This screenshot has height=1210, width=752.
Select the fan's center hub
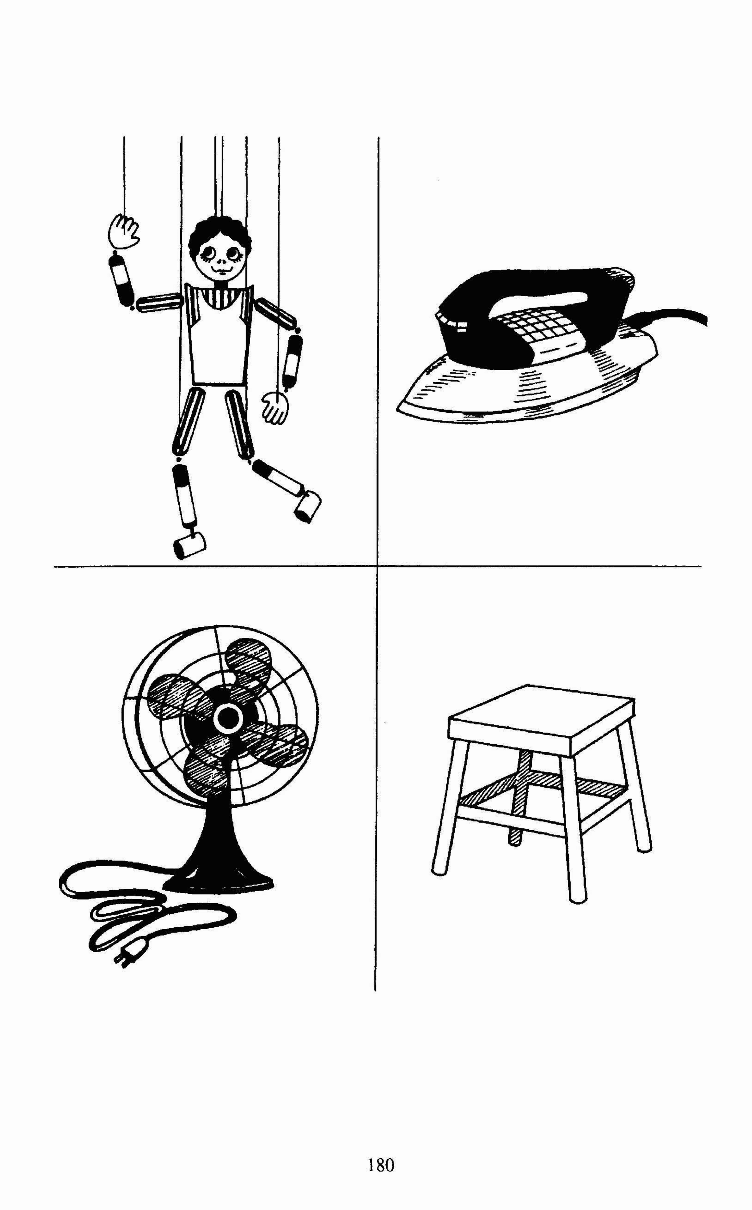point(228,717)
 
